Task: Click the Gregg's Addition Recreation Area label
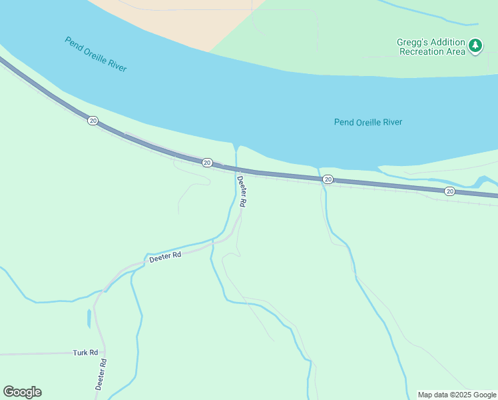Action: (x=431, y=47)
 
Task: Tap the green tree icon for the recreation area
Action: (x=475, y=45)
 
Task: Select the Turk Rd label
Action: (x=85, y=352)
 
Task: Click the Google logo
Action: (x=22, y=392)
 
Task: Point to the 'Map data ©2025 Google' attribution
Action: (x=457, y=395)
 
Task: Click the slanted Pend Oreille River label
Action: (x=96, y=54)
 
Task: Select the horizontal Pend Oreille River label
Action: (x=368, y=122)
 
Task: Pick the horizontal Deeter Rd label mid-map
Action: (x=165, y=257)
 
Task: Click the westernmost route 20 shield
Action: (x=93, y=121)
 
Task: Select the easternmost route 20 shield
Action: (x=450, y=191)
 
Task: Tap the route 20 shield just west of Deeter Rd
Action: (x=207, y=163)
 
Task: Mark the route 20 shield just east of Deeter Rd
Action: (x=328, y=180)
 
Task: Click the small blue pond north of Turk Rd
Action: (x=89, y=319)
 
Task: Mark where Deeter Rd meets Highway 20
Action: (x=236, y=169)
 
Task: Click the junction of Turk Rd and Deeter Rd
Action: (x=104, y=352)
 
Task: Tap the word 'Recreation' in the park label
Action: (x=419, y=52)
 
